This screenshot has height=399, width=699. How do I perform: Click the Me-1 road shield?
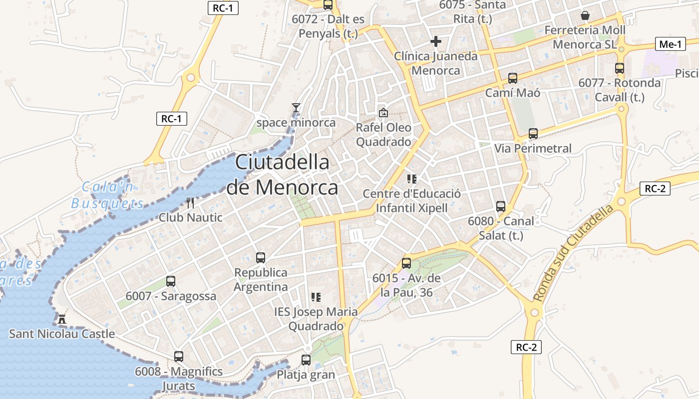click(670, 44)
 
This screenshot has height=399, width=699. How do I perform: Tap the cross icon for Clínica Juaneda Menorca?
click(436, 41)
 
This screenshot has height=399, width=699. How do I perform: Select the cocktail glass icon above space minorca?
click(296, 107)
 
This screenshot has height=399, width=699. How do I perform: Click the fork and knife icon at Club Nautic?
click(190, 202)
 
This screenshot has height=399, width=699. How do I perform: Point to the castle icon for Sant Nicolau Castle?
click(62, 319)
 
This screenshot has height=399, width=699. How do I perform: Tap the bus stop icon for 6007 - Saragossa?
click(171, 281)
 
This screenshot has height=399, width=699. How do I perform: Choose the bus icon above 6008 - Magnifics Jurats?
click(179, 357)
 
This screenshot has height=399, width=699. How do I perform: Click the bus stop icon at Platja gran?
click(306, 360)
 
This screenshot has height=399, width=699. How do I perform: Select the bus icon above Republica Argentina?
click(261, 258)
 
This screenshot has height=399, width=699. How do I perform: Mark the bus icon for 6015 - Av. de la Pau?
click(406, 263)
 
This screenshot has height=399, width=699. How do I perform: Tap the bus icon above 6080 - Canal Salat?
click(501, 206)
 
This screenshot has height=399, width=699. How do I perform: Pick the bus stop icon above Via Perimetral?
click(533, 134)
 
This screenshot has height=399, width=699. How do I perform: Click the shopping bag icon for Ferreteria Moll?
click(585, 15)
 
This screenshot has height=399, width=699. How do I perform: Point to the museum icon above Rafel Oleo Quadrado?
click(383, 113)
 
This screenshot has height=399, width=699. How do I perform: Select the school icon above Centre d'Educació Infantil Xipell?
click(412, 179)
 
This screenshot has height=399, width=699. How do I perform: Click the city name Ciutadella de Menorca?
click(282, 175)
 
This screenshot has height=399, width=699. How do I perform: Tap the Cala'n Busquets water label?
click(107, 196)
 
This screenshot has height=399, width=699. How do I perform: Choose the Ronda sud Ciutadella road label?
click(573, 253)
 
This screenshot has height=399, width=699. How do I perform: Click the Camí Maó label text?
click(513, 93)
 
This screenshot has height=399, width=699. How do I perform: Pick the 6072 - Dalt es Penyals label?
click(329, 26)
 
